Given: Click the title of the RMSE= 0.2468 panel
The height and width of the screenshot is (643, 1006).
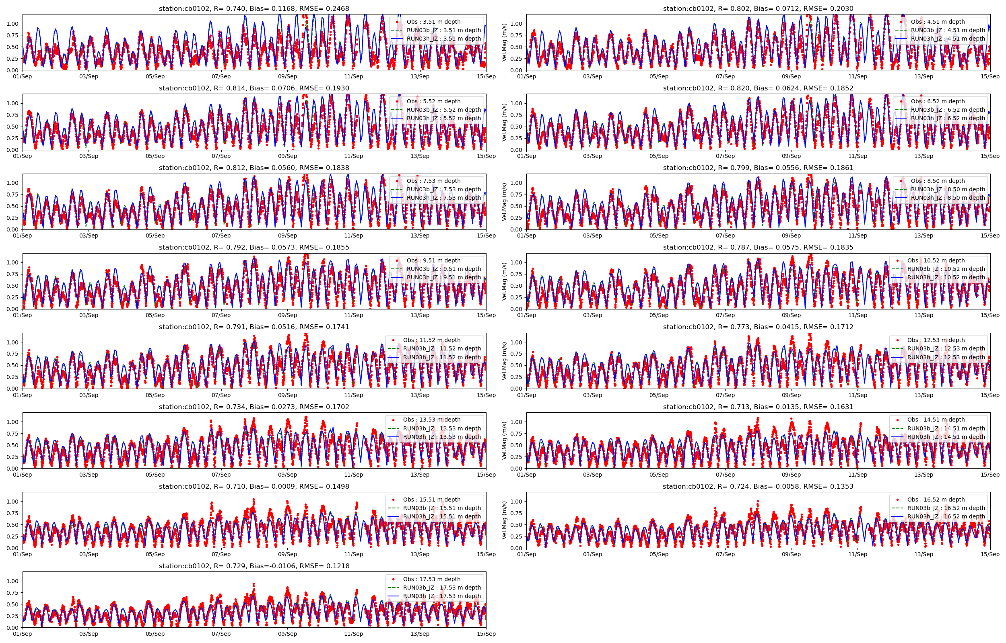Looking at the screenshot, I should (x=254, y=8).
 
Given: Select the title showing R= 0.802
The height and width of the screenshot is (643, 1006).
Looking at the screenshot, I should (x=758, y=8).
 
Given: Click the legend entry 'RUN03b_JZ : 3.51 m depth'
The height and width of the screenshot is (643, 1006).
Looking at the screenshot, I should (x=443, y=30).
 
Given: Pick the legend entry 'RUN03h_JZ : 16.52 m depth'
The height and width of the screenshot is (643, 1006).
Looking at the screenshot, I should (x=946, y=516).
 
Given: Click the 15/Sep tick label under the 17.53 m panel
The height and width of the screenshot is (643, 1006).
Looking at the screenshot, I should (x=486, y=634).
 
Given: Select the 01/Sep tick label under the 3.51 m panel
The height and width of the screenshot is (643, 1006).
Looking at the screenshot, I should (x=22, y=76).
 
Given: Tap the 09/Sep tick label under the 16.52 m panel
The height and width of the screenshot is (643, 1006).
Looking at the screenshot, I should (x=791, y=554).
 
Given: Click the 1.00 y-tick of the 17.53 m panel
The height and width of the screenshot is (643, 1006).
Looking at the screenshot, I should (x=12, y=581).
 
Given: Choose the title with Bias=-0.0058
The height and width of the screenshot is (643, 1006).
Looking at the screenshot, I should (x=758, y=486).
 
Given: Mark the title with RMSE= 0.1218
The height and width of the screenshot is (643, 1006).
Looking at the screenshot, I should (x=254, y=566).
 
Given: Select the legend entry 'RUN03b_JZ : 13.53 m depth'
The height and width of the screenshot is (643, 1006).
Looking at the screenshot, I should (x=442, y=428).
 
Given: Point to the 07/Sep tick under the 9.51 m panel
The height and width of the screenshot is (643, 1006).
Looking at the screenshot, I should (x=221, y=315).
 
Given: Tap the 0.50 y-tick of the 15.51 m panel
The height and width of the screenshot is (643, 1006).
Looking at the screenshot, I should (x=12, y=525).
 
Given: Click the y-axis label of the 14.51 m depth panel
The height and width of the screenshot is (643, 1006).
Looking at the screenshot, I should (x=504, y=440).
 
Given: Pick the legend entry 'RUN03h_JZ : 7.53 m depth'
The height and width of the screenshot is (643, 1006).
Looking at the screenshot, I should (x=443, y=198).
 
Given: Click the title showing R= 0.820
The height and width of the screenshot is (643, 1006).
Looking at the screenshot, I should (x=758, y=88).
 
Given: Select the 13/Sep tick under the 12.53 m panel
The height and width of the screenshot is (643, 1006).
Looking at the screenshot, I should (x=924, y=395).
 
